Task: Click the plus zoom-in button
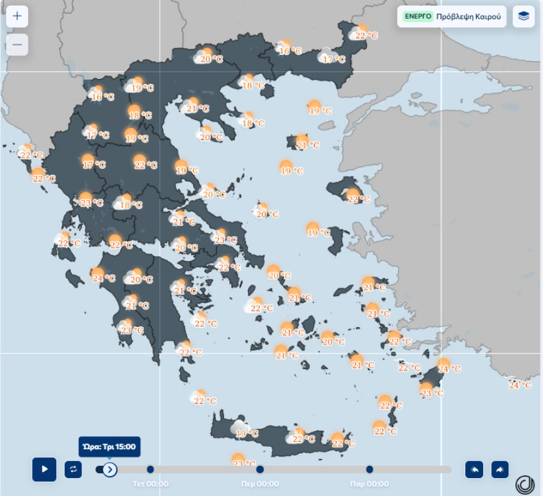17,17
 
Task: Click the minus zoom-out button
17,44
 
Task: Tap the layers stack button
523,17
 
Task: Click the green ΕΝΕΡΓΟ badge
418,17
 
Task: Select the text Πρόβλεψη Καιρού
468,17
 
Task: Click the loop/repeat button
73,469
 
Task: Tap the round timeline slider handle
110,469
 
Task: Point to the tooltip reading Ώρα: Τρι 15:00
109,447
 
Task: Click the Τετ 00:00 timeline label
150,484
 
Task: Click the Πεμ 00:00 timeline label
260,484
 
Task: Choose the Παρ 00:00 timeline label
370,484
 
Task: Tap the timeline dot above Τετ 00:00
150,469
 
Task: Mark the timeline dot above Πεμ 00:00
260,469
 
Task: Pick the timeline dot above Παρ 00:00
370,469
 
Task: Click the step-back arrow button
474,469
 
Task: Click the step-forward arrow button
500,469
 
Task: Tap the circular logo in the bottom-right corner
525,484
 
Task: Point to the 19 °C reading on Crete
246,434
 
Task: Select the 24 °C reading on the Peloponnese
103,278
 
